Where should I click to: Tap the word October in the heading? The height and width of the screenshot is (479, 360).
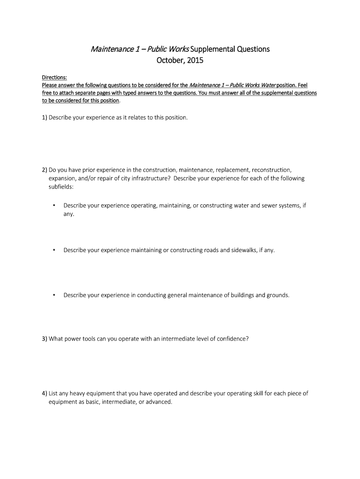click(x=170, y=60)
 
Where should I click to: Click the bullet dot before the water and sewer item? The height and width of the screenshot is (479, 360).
click(x=55, y=205)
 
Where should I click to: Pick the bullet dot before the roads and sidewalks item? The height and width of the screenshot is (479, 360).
click(x=55, y=250)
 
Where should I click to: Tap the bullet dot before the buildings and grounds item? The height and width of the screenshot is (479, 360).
click(x=55, y=295)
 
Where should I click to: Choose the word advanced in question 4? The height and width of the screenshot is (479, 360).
click(x=158, y=402)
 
